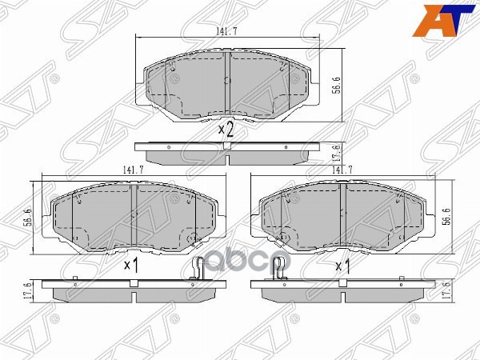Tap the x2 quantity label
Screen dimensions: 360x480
(x=226, y=130)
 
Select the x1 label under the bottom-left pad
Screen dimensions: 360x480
(x=131, y=265)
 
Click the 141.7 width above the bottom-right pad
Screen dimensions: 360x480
(x=342, y=170)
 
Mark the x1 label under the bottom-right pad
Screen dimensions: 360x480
(x=342, y=265)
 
